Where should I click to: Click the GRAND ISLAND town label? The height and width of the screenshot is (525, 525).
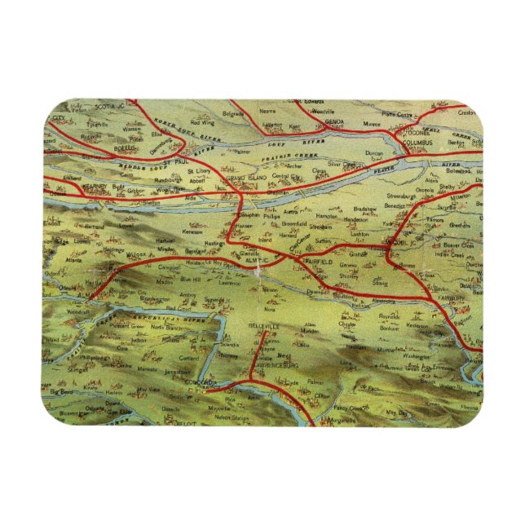247,177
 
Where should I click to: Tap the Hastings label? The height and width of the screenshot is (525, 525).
214,243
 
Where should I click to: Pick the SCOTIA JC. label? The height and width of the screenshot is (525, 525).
110,107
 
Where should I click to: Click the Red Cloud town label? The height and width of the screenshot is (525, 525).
177,310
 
